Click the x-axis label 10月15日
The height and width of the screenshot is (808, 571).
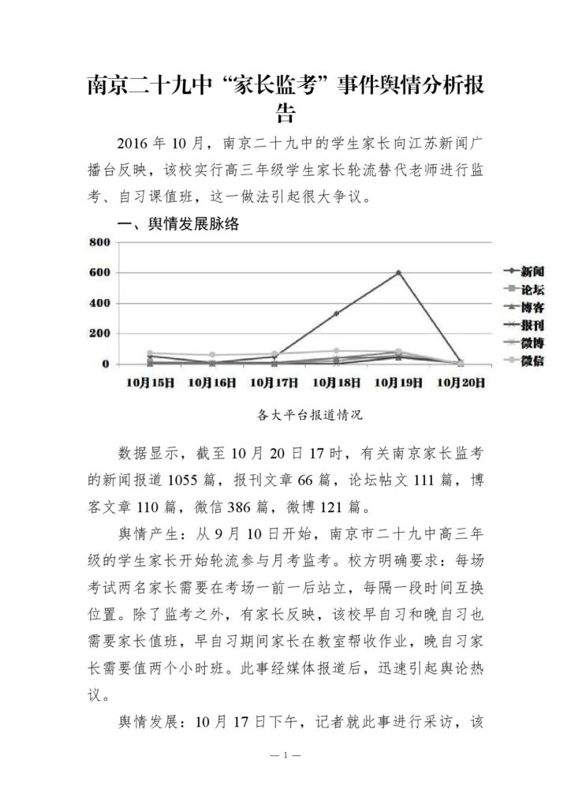point(149,382)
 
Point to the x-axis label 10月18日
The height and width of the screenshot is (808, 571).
point(336,382)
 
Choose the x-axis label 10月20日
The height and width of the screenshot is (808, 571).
point(461,382)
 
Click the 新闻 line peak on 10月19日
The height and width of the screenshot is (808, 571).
point(398,273)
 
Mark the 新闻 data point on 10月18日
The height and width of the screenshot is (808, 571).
point(336,313)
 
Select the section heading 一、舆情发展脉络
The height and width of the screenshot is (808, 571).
point(178,225)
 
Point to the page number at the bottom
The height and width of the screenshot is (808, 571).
point(285,756)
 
